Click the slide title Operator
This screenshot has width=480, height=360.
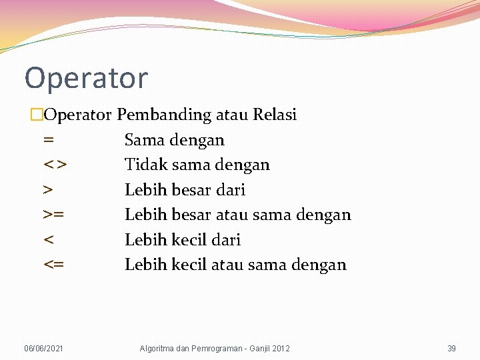click(86, 79)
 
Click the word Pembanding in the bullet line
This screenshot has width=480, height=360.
click(164, 115)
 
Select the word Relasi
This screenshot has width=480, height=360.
click(275, 115)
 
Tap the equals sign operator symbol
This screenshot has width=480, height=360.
click(48, 141)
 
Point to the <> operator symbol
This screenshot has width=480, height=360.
click(54, 165)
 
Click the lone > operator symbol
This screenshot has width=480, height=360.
click(48, 191)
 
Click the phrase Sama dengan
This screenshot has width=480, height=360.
click(175, 140)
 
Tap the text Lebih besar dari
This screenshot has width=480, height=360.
click(185, 190)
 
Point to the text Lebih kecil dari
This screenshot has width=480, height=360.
click(182, 240)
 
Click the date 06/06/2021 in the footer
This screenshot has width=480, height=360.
click(44, 348)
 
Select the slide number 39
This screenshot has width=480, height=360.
click(451, 348)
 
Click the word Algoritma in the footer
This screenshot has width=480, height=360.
click(156, 348)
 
